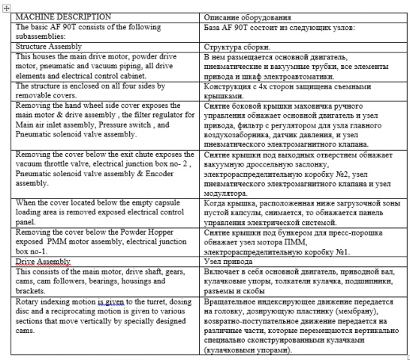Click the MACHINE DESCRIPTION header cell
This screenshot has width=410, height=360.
click(63, 16)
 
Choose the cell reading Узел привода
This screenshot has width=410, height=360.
click(232, 262)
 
